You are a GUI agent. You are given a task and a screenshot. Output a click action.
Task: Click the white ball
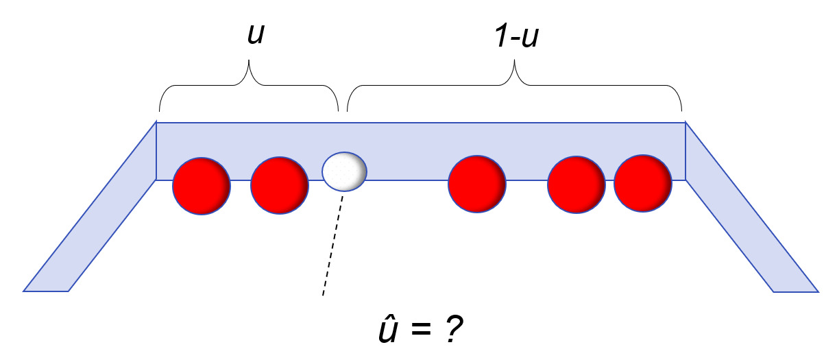(x=344, y=171)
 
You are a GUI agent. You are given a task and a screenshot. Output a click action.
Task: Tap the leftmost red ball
(x=201, y=187)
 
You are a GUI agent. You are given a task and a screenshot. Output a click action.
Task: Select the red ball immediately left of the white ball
(x=279, y=187)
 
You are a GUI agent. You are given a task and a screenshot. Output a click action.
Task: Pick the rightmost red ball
(x=642, y=184)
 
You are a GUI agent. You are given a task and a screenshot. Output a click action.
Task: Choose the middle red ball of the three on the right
(x=576, y=185)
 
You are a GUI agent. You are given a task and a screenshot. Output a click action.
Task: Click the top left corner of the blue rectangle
(x=157, y=123)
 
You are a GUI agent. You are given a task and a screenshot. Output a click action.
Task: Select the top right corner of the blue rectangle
(x=686, y=123)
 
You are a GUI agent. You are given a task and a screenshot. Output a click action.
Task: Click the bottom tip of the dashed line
(x=323, y=296)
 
